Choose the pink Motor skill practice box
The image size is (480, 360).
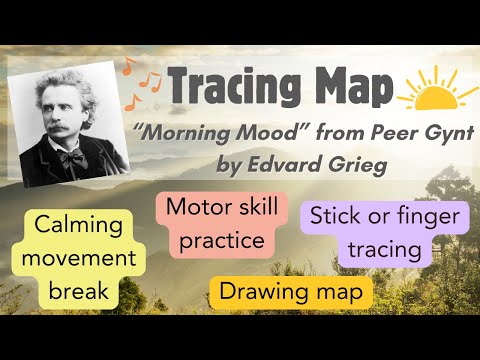(215, 225)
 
